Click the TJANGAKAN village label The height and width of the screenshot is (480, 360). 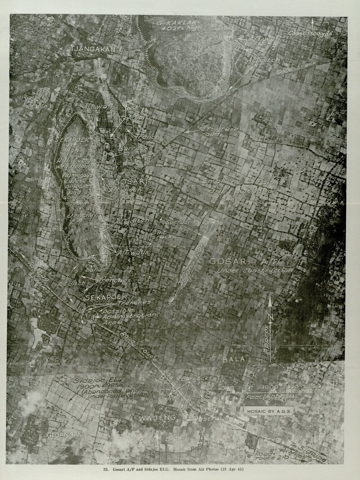[93, 50]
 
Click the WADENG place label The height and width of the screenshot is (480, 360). [157, 418]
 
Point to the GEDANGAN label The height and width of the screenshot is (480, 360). [65, 435]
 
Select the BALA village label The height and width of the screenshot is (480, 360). [233, 359]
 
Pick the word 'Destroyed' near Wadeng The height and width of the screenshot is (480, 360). [213, 419]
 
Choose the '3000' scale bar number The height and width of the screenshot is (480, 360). [312, 386]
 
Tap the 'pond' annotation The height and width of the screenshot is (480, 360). [89, 269]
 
